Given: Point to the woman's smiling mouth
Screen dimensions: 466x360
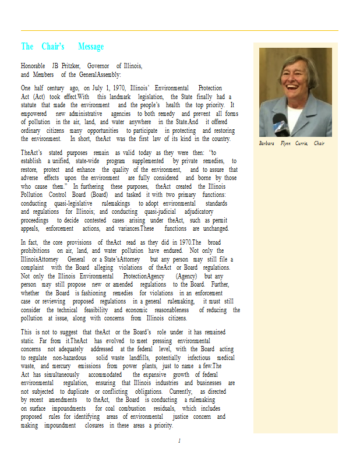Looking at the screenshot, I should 298,93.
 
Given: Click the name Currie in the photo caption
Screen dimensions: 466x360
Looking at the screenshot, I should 302,143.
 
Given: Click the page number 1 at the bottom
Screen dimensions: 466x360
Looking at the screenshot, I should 179,441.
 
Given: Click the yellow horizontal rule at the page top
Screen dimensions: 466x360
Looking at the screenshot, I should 179,30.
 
